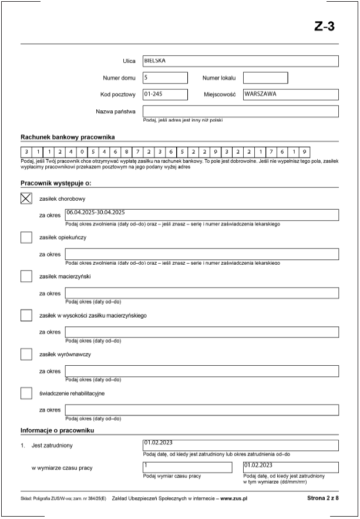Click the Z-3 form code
tap(324, 26)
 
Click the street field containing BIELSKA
tap(240, 61)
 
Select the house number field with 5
tap(164, 77)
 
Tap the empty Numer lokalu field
tap(265, 77)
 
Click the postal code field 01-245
tap(164, 95)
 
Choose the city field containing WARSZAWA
tap(290, 95)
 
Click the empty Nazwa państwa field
tap(240, 111)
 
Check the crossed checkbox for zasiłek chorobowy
tap(26, 198)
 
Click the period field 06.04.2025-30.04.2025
tap(201, 215)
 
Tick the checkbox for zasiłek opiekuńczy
tap(26, 237)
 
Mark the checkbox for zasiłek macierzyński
tap(26, 276)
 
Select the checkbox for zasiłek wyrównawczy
tap(26, 354)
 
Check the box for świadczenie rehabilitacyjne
tap(26, 393)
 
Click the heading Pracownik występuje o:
tap(56, 183)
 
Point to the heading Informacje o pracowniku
tap(58, 430)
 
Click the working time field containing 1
tap(187, 467)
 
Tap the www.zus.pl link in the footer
tap(234, 498)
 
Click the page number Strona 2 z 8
tap(322, 498)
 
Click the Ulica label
tap(129, 61)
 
